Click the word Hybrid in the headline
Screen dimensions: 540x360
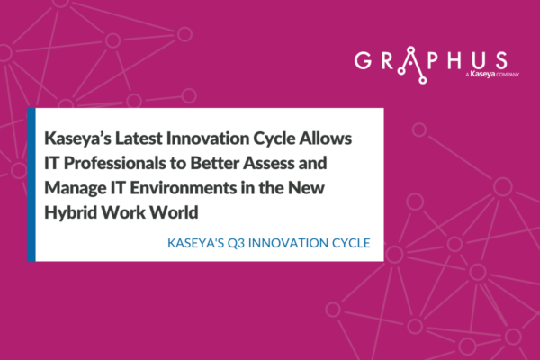click(x=70, y=213)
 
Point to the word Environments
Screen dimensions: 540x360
click(x=183, y=188)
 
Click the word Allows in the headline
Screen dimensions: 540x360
click(x=326, y=139)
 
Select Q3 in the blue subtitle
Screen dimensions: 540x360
click(x=236, y=243)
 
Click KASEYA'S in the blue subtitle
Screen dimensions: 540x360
click(x=195, y=243)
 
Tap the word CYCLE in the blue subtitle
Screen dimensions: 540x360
click(x=351, y=243)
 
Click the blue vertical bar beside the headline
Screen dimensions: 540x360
click(x=31, y=184)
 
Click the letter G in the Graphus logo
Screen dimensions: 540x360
click(x=364, y=60)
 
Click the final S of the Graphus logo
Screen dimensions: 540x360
click(x=501, y=60)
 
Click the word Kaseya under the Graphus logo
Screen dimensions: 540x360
click(x=481, y=75)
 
